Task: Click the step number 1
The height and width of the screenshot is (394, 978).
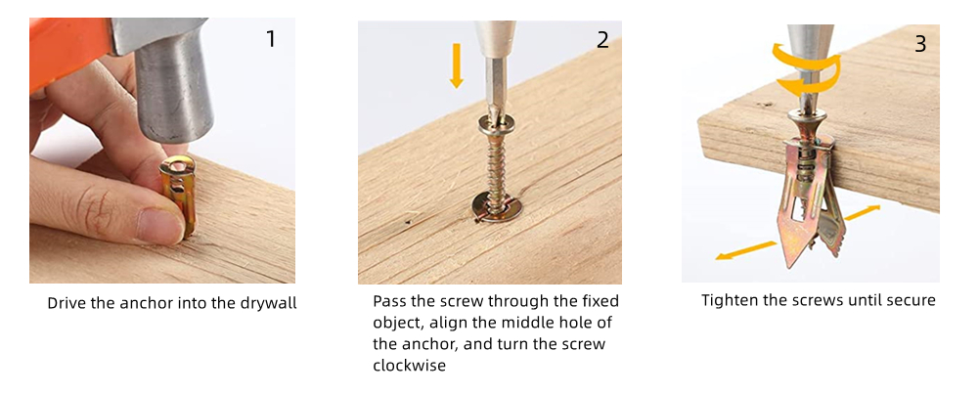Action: tap(271, 39)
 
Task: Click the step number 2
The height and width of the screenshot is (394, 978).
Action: tap(602, 39)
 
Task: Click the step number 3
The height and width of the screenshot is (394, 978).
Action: tap(920, 44)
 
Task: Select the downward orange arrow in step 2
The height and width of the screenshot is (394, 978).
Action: tap(457, 65)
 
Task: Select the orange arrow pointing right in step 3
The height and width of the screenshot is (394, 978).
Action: tap(864, 212)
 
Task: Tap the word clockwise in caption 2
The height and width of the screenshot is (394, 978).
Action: tap(409, 366)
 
